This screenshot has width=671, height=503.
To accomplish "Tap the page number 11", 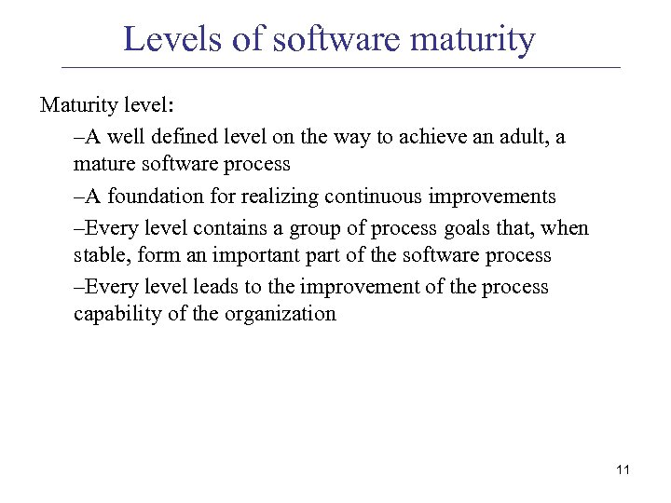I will coord(623,469).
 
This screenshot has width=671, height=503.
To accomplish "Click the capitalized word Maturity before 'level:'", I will coord(76,103).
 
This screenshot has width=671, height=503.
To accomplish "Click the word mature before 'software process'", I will coord(104,165).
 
